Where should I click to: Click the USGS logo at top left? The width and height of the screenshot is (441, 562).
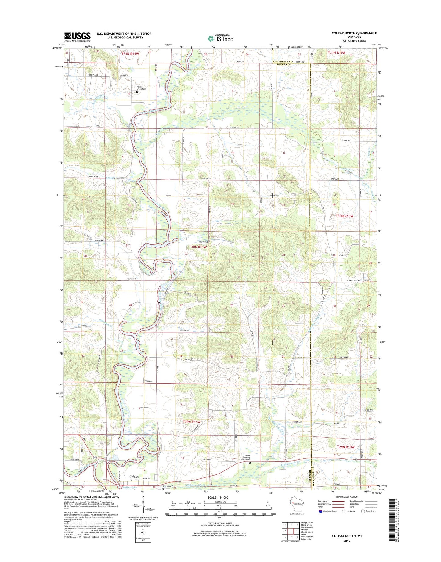click(x=77, y=36)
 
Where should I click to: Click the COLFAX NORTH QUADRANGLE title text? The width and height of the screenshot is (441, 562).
click(x=354, y=33)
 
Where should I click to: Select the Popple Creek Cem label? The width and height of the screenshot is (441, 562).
click(x=141, y=88)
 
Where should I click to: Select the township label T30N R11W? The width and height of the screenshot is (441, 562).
click(x=198, y=247)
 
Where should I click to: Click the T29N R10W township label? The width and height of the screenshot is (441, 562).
click(x=345, y=447)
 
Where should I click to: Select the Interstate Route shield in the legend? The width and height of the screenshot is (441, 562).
click(x=320, y=520)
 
